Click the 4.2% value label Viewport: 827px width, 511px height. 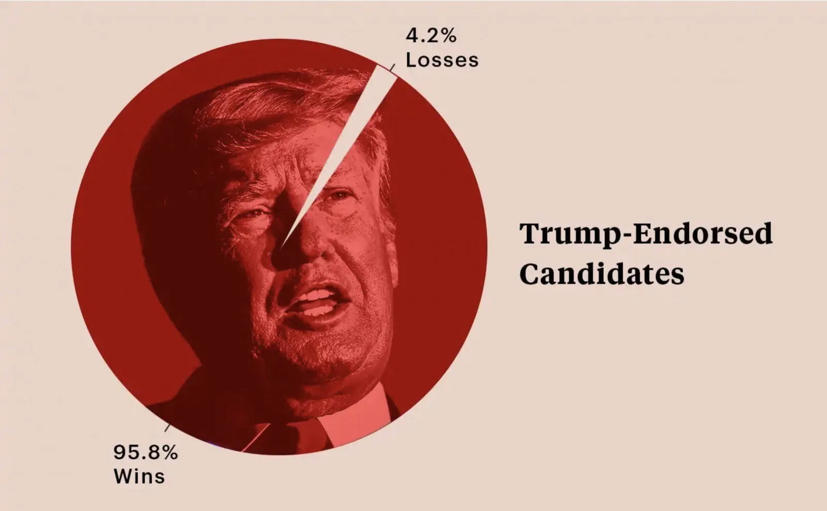[431, 36]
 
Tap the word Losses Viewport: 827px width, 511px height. [442, 60]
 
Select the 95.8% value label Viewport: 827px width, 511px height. [145, 453]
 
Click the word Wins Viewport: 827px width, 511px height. [139, 476]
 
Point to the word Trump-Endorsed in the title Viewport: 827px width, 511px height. [646, 234]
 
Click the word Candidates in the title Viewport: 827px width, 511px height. [602, 274]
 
